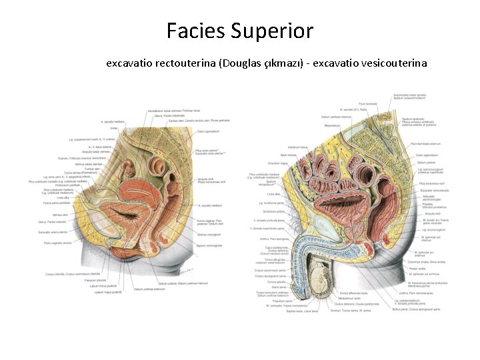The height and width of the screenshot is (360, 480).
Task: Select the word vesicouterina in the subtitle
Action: [x=391, y=63]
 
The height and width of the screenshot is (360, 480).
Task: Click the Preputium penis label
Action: [x=266, y=300]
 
